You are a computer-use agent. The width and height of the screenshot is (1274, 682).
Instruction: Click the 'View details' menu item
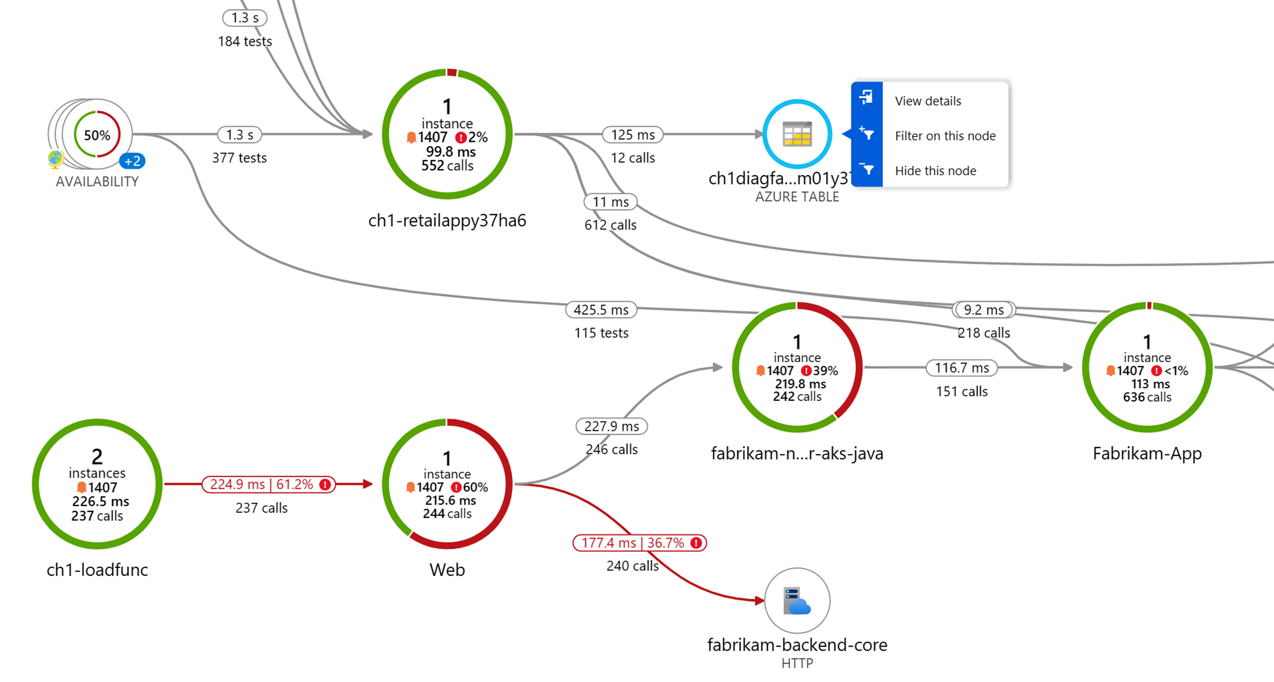coord(927,101)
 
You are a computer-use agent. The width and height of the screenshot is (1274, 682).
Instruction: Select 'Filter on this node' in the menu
coord(945,136)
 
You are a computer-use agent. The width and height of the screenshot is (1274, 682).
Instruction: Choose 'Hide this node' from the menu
coord(935,171)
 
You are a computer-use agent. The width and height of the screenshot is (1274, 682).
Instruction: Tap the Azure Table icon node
coord(796,134)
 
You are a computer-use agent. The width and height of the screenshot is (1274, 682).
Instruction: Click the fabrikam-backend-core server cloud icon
coord(796,600)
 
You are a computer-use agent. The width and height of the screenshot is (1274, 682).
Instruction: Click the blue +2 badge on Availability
coord(132,161)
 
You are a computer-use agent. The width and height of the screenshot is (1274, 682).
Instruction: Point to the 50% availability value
coord(97,135)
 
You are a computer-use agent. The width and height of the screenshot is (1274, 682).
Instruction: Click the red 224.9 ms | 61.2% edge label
coord(269,484)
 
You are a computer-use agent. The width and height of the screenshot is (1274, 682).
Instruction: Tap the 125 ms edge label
coord(632,135)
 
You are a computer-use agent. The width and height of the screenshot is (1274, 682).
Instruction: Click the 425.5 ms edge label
coord(601,310)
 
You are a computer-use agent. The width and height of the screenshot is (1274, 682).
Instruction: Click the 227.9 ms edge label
coord(611,426)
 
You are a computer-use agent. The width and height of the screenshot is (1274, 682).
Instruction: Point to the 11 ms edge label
coord(610,202)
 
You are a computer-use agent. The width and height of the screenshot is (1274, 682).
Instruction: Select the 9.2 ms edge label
coord(983,310)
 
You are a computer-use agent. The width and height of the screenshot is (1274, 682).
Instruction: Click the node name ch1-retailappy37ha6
coord(447,221)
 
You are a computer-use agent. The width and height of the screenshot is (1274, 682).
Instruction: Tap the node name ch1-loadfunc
coord(97,570)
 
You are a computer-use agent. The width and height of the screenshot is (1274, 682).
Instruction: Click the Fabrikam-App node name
coord(1147,453)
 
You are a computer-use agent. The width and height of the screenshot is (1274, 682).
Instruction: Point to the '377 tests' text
coord(240,158)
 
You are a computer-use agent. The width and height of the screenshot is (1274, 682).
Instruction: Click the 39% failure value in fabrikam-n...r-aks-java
coord(825,370)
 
